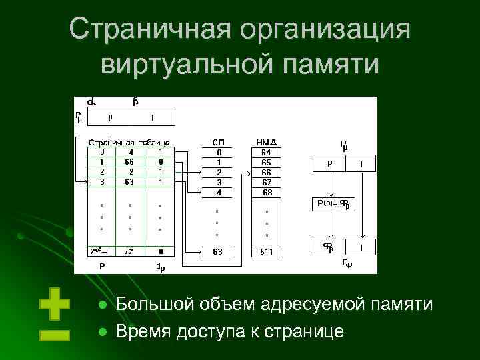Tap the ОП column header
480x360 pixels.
point(218,142)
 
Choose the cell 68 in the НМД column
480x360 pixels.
point(267,193)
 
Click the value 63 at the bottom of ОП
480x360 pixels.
point(218,251)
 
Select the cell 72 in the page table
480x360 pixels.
point(129,251)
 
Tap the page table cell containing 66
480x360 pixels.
point(129,161)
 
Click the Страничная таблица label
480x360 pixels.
point(129,142)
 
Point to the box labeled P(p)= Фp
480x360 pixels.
point(331,204)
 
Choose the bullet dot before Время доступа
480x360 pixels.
point(103,331)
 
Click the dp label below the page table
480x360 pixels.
point(160,267)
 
